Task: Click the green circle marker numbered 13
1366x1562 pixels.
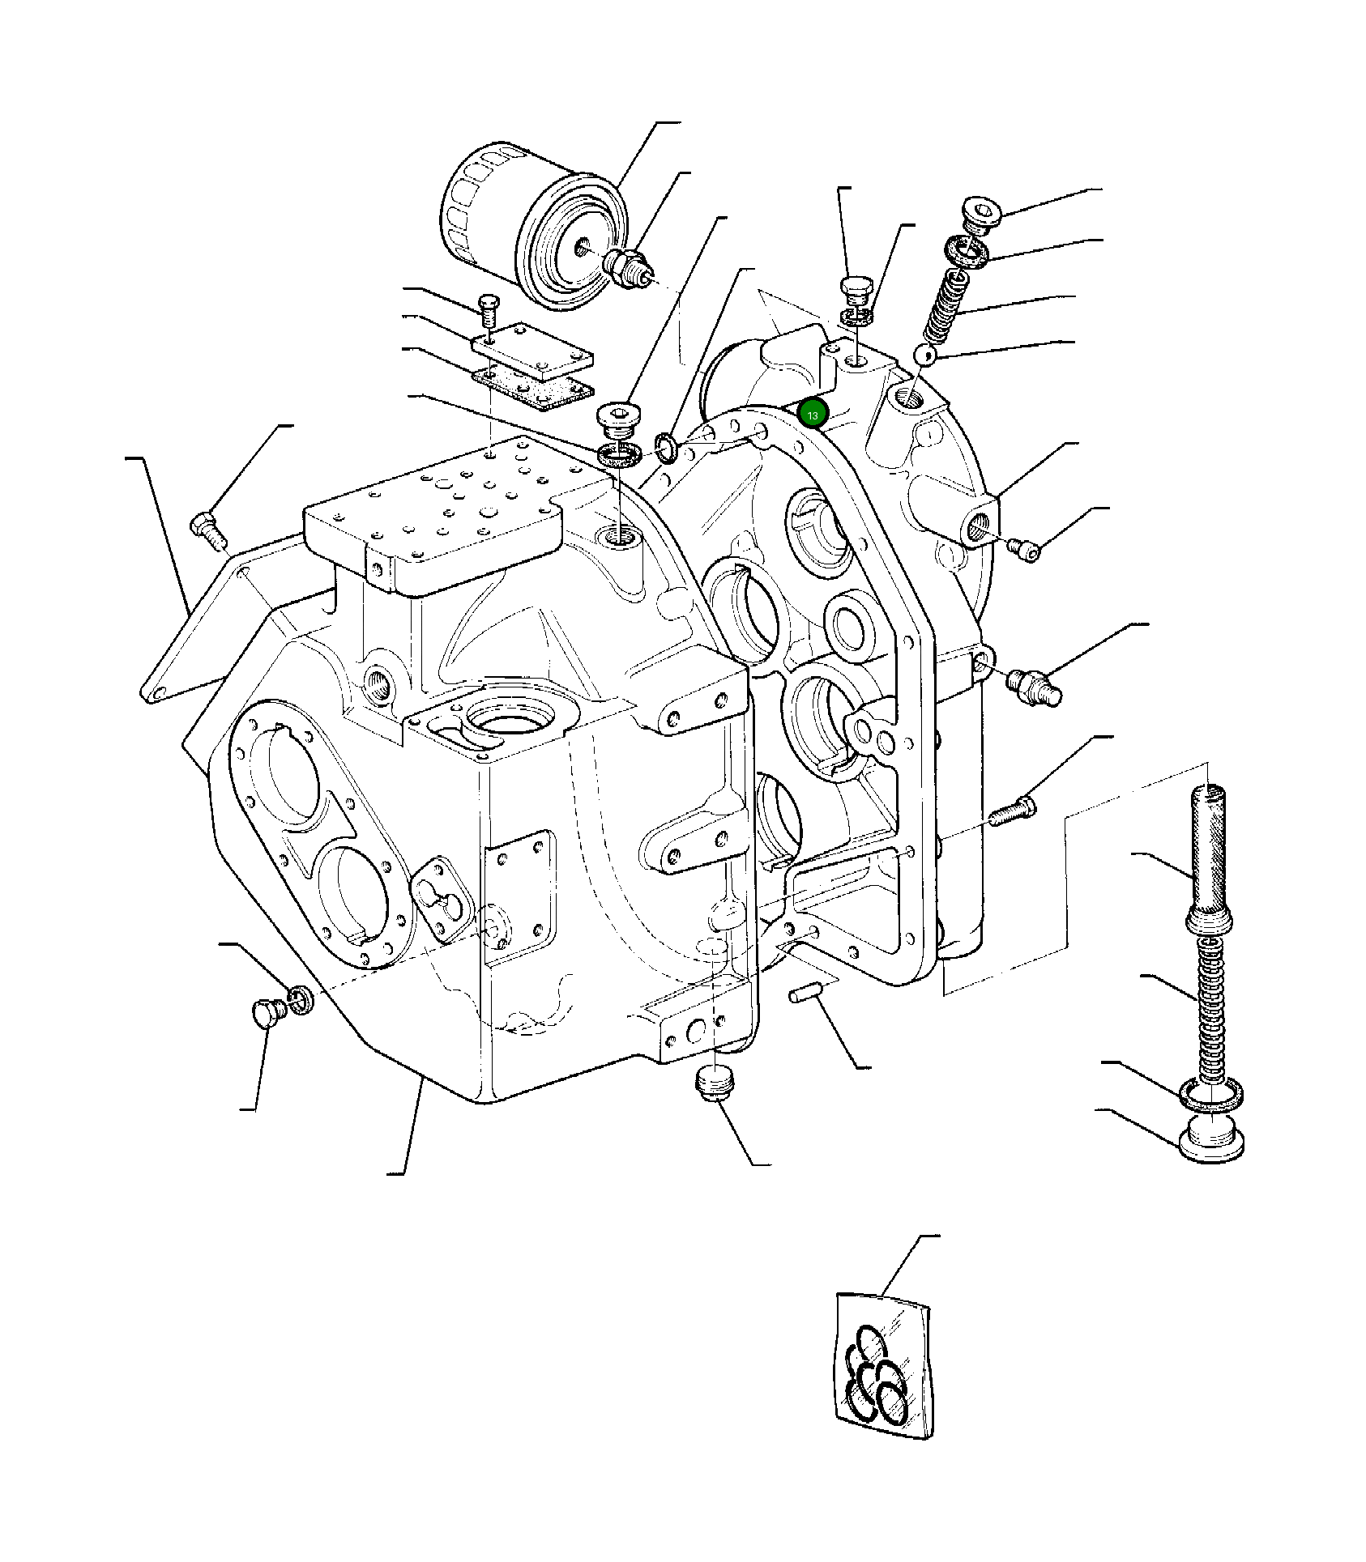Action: click(812, 414)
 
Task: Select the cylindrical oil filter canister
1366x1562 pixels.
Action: click(531, 227)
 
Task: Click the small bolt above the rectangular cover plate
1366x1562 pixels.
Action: click(489, 309)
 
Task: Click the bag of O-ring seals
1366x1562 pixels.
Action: click(883, 1367)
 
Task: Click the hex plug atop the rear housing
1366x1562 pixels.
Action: click(856, 291)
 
